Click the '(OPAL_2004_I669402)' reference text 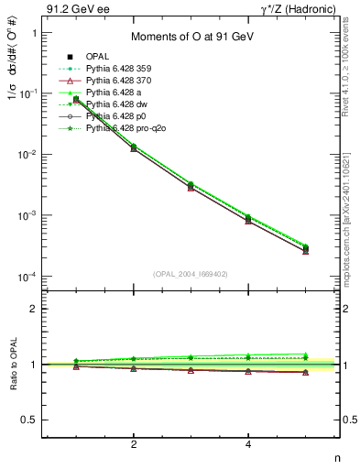191,273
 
